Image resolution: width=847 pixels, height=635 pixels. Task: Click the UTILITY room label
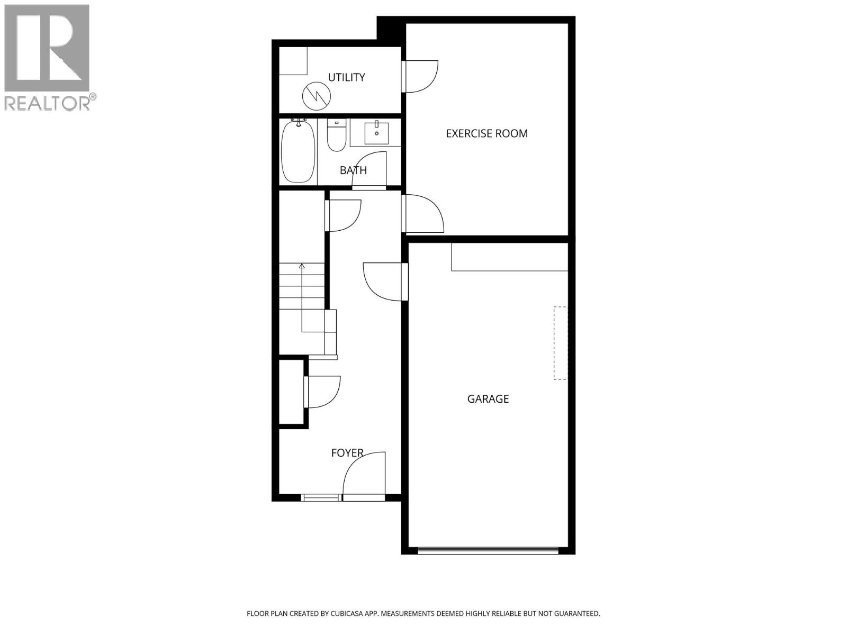coord(346,77)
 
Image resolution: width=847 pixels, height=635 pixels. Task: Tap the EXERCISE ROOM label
coord(486,133)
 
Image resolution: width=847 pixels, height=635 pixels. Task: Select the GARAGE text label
coord(488,399)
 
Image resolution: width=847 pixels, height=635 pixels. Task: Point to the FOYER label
coord(347,453)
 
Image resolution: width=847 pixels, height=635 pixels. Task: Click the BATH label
coord(353,170)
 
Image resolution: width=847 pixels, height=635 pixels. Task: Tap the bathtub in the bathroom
coord(298,151)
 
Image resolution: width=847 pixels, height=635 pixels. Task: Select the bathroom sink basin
coord(376,133)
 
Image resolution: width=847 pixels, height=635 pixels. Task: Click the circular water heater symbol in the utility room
coord(316,95)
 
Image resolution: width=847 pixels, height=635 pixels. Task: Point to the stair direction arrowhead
coord(302,266)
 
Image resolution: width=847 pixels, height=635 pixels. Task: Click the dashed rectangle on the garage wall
coord(560,343)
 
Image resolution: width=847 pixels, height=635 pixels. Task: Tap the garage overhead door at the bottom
coord(488,551)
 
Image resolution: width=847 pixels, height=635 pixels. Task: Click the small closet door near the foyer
coord(322,392)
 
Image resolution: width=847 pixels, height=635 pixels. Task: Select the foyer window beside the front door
coord(320,497)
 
